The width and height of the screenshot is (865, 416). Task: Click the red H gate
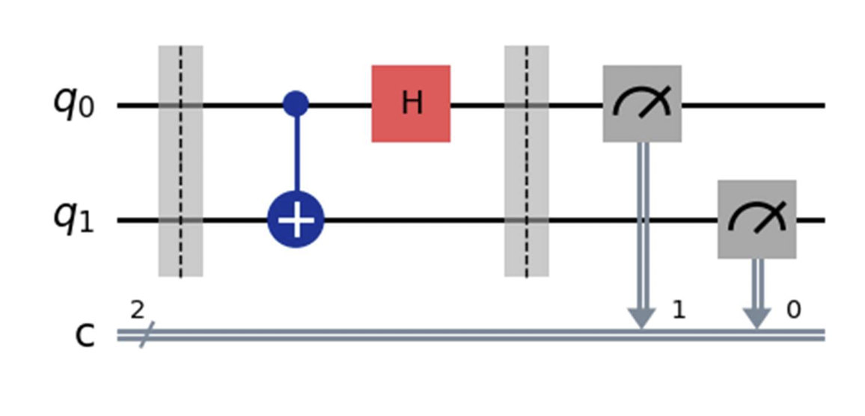click(411, 103)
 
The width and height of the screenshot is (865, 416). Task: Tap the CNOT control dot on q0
click(296, 105)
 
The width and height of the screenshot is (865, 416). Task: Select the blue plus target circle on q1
click(296, 221)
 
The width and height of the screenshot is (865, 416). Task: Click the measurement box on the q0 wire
click(641, 103)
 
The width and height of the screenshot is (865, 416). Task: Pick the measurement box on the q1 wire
click(757, 219)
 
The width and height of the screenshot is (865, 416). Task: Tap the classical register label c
click(86, 336)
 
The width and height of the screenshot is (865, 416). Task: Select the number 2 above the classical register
click(136, 311)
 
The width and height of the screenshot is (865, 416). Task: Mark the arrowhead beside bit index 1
click(641, 317)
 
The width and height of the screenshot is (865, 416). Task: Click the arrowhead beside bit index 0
click(757, 317)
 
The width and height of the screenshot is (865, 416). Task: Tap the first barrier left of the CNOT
click(180, 161)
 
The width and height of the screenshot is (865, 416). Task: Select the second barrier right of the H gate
click(526, 161)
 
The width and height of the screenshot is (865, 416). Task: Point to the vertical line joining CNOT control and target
click(296, 157)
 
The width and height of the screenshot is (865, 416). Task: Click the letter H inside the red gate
click(411, 104)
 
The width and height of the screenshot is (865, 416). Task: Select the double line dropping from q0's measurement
click(641, 224)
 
